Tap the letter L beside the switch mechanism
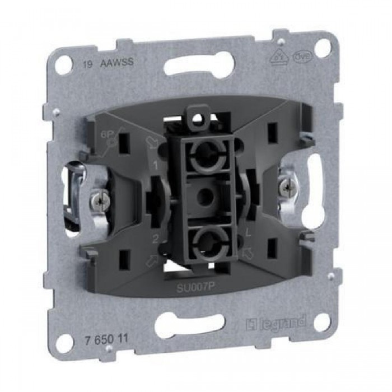pyautogui.click(x=248, y=231)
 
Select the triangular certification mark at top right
pyautogui.click(x=278, y=58)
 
